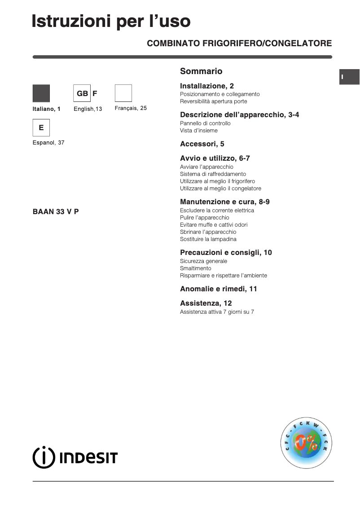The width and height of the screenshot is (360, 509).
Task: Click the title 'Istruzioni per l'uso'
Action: point(111,21)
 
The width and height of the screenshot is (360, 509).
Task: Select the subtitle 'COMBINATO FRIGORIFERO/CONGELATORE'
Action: point(239,44)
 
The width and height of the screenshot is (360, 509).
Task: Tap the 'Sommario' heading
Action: point(201,71)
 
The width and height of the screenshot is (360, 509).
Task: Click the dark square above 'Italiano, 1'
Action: point(41,93)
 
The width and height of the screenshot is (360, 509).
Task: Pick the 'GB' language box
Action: point(82,93)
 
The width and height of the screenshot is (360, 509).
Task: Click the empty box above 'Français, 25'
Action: point(123,93)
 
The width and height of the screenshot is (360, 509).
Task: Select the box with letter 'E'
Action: point(41,128)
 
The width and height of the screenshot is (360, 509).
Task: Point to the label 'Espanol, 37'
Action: point(48,143)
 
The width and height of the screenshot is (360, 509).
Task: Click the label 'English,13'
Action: point(88,109)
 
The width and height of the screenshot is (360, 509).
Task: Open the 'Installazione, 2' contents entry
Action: point(206,86)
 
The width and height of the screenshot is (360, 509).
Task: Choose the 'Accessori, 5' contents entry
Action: point(202,144)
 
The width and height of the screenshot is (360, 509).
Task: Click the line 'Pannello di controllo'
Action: point(205,123)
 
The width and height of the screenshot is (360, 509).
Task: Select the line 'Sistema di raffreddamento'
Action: point(213,174)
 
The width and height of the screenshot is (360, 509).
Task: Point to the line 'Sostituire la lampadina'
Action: point(208,239)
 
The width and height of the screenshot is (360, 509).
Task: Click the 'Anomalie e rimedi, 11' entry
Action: point(218,289)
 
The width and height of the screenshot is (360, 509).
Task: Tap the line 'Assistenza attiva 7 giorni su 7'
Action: point(217,312)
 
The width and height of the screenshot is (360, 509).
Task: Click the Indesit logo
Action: point(75,457)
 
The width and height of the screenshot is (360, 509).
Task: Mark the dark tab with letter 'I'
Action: point(349,77)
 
